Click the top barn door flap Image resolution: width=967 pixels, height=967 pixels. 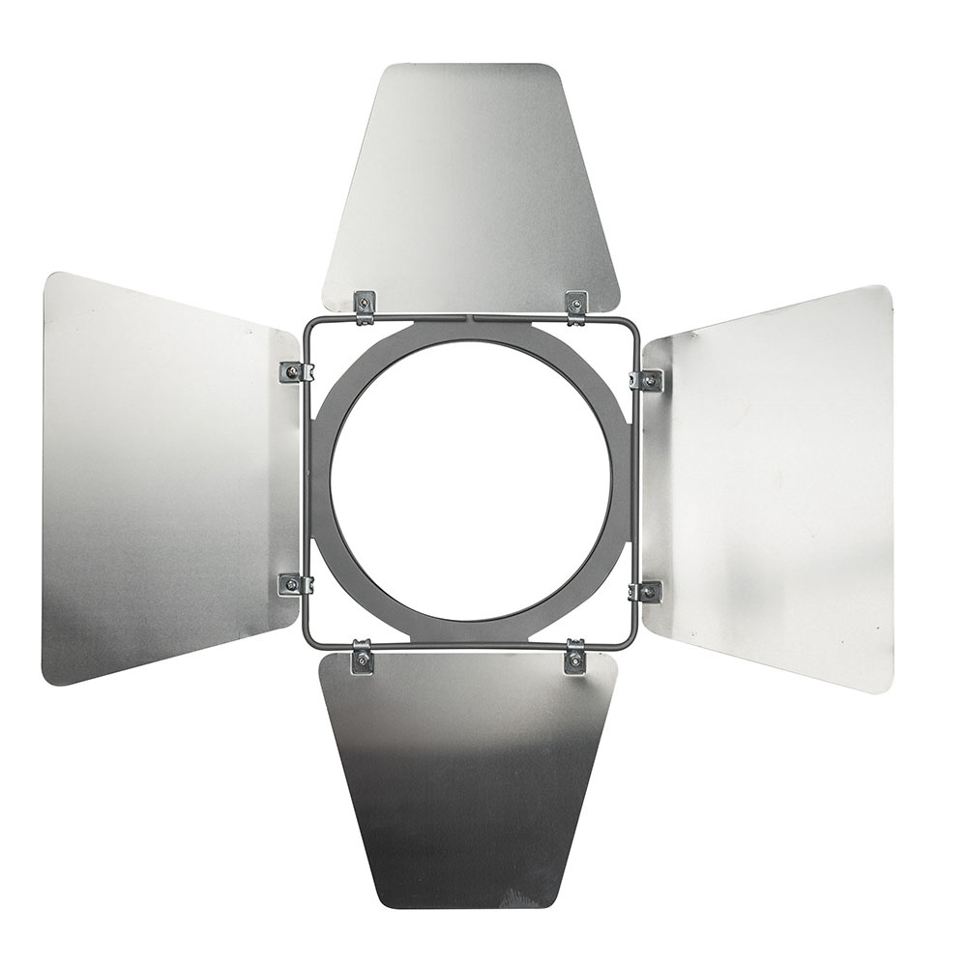(471, 184)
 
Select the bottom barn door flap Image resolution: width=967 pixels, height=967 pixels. (469, 774)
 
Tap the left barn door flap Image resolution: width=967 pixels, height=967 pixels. (164, 479)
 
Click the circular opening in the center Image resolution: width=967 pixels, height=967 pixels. (471, 479)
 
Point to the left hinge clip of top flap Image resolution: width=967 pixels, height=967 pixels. (365, 307)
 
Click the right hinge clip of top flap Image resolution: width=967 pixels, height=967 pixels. (576, 308)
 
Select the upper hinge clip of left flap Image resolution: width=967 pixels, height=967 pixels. (294, 371)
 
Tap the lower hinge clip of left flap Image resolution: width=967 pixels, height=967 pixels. (294, 584)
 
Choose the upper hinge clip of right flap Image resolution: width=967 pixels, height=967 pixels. (647, 381)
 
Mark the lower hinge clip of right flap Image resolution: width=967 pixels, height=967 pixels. (646, 592)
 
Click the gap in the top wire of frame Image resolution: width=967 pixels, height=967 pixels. (471, 316)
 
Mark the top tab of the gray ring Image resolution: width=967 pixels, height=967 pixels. (471, 329)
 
